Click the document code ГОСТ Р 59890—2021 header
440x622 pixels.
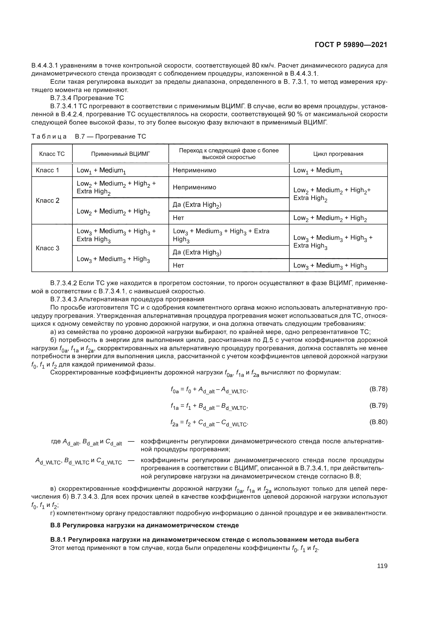click(351, 45)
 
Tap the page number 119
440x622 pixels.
click(382, 566)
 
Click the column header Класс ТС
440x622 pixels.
click(52, 154)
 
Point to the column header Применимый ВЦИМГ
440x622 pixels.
click(120, 154)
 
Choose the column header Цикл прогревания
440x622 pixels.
click(338, 154)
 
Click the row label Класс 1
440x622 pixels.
click(47, 170)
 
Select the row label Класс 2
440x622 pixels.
click(47, 201)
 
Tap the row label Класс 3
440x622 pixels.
click(47, 248)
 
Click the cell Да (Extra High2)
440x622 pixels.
click(197, 205)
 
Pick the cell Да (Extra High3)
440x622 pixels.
click(197, 252)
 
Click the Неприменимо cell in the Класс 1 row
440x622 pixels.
click(194, 170)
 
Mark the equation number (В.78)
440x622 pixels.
click(378, 389)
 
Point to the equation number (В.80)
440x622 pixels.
click(378, 422)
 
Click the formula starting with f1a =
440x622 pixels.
click(209, 406)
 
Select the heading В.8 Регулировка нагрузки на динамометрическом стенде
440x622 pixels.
click(145, 525)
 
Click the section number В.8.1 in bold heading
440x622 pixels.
click(58, 539)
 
